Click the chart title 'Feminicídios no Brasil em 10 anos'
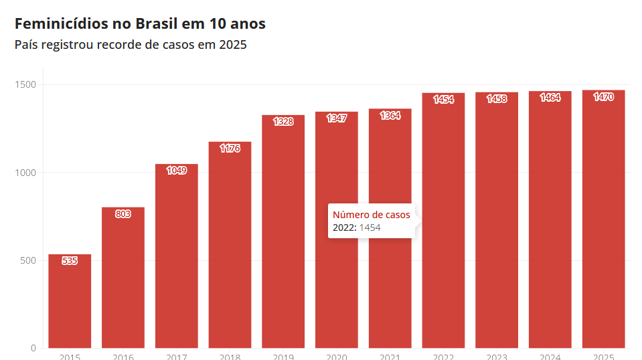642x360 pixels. tap(140, 24)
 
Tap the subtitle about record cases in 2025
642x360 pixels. tap(131, 46)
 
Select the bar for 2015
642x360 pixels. tap(70, 304)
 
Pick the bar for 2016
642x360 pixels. tap(123, 281)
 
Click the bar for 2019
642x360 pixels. tap(283, 234)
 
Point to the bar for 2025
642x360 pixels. tap(603, 221)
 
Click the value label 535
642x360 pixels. tap(70, 261)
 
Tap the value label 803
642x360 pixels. tap(123, 214)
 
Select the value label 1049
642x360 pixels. tap(177, 171)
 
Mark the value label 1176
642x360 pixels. tap(230, 149)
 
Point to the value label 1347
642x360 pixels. tap(337, 118)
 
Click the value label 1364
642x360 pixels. tap(390, 116)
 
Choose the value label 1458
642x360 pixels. tap(497, 99)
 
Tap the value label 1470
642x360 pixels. tap(603, 97)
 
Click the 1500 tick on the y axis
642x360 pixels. tap(27, 85)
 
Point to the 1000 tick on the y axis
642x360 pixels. tap(27, 173)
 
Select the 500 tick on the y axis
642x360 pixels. tap(29, 260)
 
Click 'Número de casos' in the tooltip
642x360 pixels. tap(371, 215)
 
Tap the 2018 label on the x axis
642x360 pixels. tap(230, 357)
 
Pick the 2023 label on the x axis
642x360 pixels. tap(497, 357)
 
